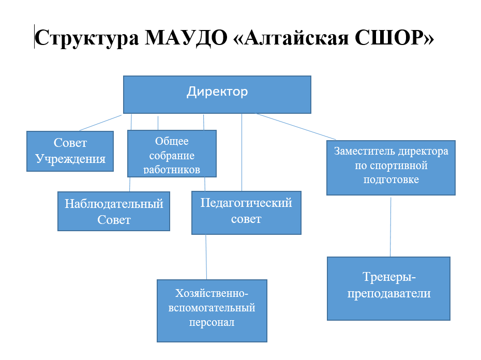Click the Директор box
217,95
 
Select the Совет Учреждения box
70,151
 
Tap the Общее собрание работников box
172,154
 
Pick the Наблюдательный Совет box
113,211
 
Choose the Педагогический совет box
246,213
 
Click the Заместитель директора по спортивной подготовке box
391,168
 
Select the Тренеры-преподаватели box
388,289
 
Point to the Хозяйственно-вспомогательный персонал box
212,310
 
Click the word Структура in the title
87,38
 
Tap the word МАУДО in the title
186,38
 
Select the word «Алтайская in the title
291,37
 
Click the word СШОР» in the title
395,37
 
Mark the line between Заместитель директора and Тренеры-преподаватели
390,227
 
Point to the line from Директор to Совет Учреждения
101,123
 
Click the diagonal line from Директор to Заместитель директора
295,126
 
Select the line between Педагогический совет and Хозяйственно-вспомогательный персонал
206,257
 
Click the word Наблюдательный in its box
114,204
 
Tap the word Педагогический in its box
246,203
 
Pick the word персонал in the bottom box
212,323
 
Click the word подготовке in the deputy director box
391,179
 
